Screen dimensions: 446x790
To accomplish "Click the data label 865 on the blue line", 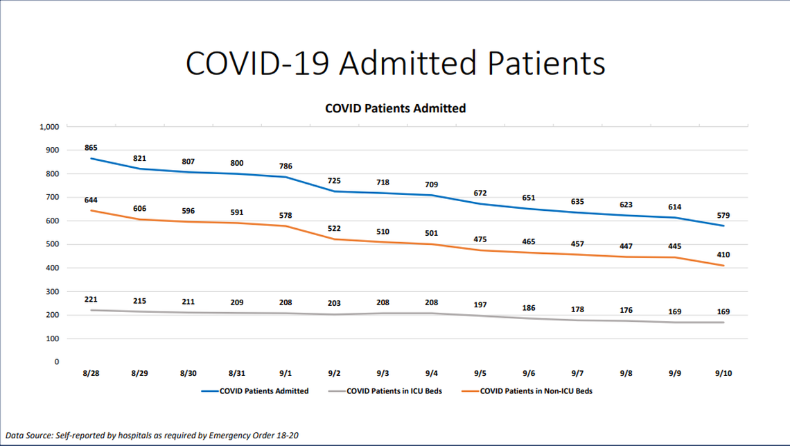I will pyautogui.click(x=91, y=148).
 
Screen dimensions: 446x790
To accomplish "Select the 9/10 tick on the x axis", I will pyautogui.click(x=723, y=373).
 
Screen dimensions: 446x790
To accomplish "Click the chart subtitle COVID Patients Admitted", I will pyautogui.click(x=395, y=108).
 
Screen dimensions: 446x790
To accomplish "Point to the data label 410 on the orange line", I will pyautogui.click(x=723, y=255).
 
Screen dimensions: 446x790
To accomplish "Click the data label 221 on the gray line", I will pyautogui.click(x=91, y=300).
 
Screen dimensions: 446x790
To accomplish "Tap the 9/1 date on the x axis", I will pyautogui.click(x=286, y=373).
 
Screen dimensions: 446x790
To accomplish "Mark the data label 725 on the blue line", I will pyautogui.click(x=334, y=180).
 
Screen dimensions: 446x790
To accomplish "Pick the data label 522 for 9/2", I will pyautogui.click(x=334, y=228).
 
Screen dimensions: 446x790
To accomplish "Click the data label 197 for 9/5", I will pyautogui.click(x=480, y=305).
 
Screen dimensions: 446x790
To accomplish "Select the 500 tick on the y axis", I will pyautogui.click(x=53, y=244).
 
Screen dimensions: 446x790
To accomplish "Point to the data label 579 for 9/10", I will pyautogui.click(x=723, y=215).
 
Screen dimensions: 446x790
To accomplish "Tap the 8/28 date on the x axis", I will pyautogui.click(x=91, y=373).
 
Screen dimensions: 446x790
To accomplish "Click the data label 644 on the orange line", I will pyautogui.click(x=91, y=200).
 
